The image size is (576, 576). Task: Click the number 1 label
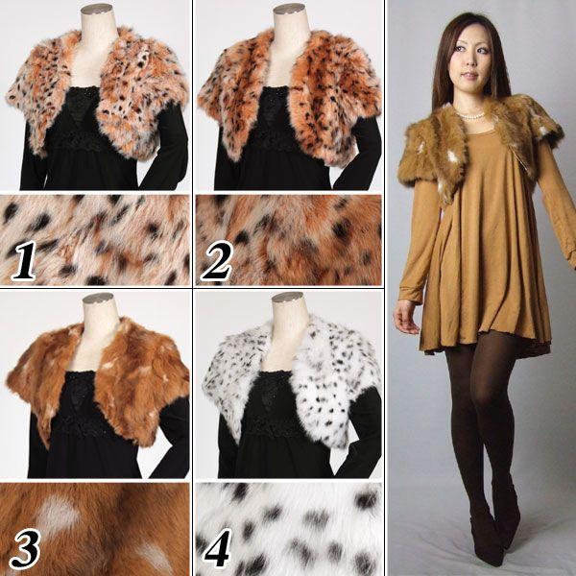point(23,260)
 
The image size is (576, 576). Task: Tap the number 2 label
point(216,261)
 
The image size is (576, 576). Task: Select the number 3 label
point(25,548)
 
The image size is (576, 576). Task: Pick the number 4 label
point(218,548)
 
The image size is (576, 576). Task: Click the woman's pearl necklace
point(470,115)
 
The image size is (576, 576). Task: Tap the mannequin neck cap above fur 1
point(97,9)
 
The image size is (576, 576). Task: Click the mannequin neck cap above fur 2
point(290,9)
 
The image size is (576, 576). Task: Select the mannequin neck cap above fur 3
point(98,299)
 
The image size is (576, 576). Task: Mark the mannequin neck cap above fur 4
point(287,298)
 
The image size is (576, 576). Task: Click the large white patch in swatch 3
point(58,514)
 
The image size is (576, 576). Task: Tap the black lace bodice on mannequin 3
point(79,404)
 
